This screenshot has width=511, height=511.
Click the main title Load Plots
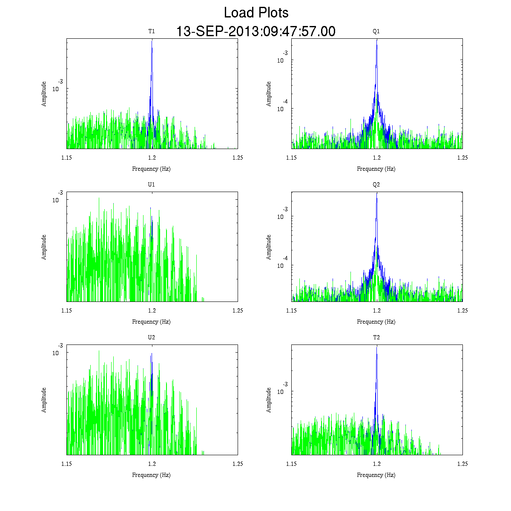[x=256, y=13]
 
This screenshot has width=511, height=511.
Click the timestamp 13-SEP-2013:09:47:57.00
[x=256, y=32]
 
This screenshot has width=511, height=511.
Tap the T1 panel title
[x=152, y=31]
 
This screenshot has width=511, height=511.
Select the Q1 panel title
[x=376, y=31]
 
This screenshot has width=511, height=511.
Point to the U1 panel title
[x=152, y=185]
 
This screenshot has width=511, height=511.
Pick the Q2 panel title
[x=376, y=185]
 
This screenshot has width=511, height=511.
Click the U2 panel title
[x=152, y=338]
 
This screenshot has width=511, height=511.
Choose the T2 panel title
[x=376, y=338]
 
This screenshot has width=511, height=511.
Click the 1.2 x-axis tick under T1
[x=152, y=158]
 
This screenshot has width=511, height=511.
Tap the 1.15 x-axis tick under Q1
[x=291, y=158]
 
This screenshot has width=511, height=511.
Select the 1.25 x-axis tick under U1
[x=238, y=310]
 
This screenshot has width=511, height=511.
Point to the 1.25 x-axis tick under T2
[x=462, y=464]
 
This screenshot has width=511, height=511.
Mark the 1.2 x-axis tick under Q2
[x=377, y=310]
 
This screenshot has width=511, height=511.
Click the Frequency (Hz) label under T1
[x=152, y=169]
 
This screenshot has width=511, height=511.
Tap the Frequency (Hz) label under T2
[x=376, y=475]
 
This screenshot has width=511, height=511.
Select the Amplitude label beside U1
[x=44, y=247]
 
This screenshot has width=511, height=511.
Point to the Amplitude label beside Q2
[x=269, y=247]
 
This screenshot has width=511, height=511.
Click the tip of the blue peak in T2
[x=376, y=347]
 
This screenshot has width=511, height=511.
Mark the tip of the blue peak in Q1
[x=376, y=40]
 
